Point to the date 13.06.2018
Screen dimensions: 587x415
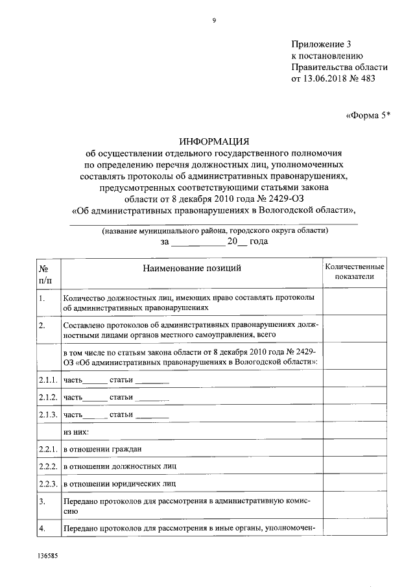tap(326, 78)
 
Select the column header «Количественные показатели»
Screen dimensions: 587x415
tap(355, 272)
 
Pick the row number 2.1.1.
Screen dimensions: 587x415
tap(48, 379)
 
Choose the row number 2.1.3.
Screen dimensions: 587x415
tap(48, 414)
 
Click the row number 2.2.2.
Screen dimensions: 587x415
tap(48, 466)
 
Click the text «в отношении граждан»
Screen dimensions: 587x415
tap(102, 449)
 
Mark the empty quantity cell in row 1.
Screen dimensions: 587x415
tap(355, 303)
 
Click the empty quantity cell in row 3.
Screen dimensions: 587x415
tap(355, 506)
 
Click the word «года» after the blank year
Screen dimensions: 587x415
tap(259, 241)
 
